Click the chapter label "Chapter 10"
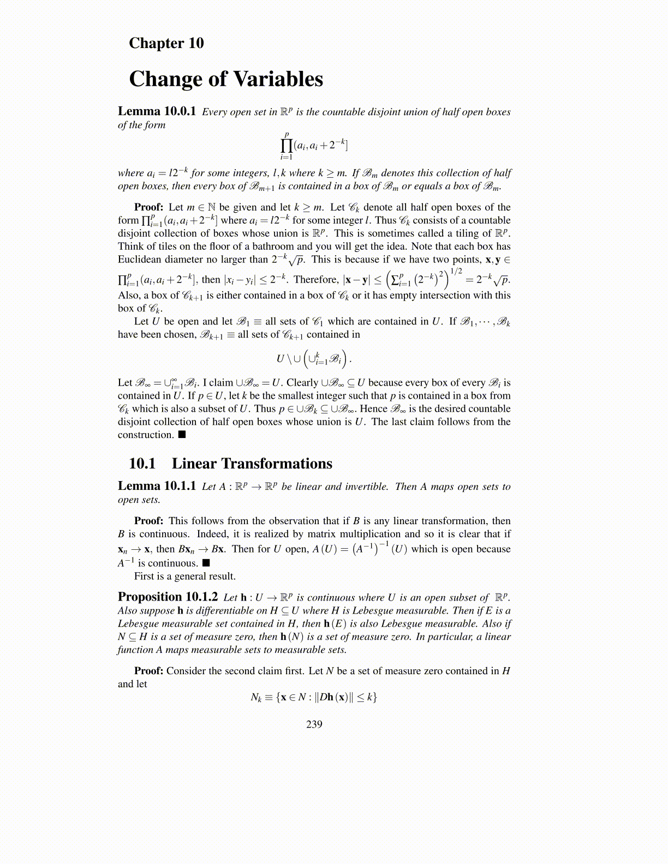[x=166, y=43]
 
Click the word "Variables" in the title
[x=278, y=79]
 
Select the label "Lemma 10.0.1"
[x=157, y=111]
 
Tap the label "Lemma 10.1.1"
[x=157, y=486]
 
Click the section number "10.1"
[x=142, y=464]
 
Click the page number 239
[x=314, y=724]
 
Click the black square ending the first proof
[x=182, y=435]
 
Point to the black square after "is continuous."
[x=206, y=563]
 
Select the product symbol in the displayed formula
[x=287, y=146]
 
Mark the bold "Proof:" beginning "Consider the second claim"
[x=148, y=671]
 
